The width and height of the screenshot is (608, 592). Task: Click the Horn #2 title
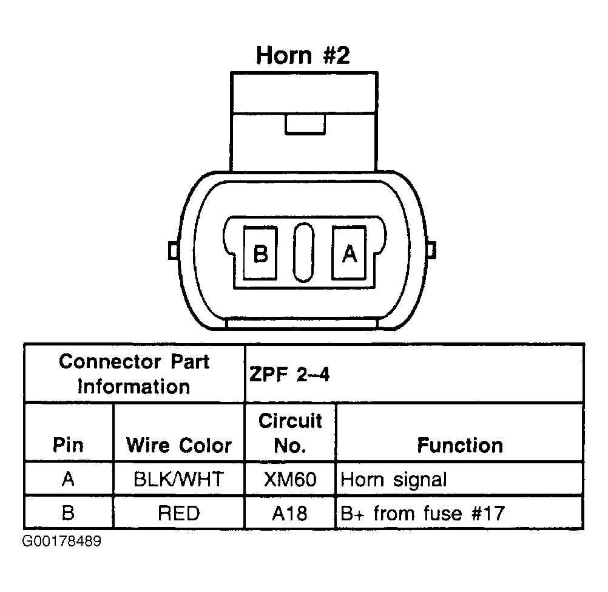[303, 55]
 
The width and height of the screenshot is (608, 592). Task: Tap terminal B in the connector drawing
[260, 253]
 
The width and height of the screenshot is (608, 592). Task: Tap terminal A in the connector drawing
[349, 253]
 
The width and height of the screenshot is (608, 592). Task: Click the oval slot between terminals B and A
[303, 253]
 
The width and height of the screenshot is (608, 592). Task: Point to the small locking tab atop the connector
[305, 124]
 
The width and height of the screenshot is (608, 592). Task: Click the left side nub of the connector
[174, 250]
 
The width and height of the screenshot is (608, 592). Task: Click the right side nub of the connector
[431, 250]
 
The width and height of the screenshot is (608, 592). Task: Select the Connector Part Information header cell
[134, 374]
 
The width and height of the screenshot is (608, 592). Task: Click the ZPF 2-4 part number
[289, 375]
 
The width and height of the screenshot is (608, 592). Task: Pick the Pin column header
[68, 445]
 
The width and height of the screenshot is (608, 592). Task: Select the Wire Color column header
[179, 445]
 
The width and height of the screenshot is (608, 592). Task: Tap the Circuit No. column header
[290, 433]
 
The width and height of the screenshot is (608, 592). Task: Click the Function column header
[461, 445]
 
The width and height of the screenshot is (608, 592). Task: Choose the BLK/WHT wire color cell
[179, 479]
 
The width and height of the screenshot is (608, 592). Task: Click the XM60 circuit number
[290, 479]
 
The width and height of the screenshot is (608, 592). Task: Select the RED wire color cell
[179, 513]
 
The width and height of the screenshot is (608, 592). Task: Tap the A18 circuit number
[289, 513]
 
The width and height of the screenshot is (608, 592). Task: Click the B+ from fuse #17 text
[423, 513]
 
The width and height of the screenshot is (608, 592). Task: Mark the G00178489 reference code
[62, 541]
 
